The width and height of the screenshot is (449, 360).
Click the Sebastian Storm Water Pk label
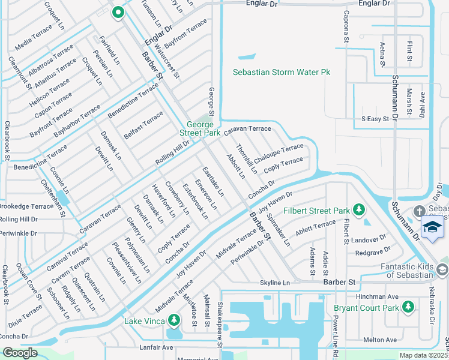point(282,72)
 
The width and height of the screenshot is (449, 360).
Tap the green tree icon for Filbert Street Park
point(359,209)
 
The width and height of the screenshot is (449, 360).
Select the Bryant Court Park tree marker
point(408,307)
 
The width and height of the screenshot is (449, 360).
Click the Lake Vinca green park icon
point(174,320)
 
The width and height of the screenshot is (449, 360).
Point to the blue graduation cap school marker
point(432,227)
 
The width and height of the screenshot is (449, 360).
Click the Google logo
point(20,353)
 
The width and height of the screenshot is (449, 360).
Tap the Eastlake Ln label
point(213,181)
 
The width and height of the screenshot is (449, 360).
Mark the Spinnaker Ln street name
point(279,231)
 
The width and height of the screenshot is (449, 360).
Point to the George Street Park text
point(200,127)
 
